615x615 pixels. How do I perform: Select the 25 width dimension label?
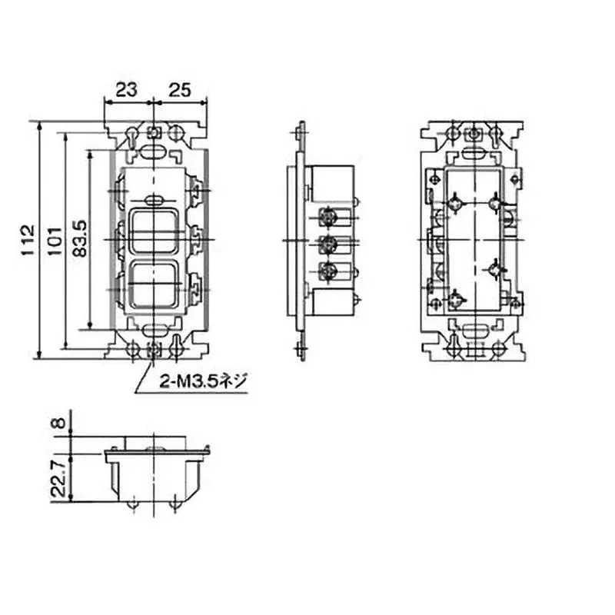click(180, 90)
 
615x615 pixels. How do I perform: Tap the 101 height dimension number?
click(55, 241)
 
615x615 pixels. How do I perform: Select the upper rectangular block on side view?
click(331, 184)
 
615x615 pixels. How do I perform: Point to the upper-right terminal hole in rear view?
click(495, 203)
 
